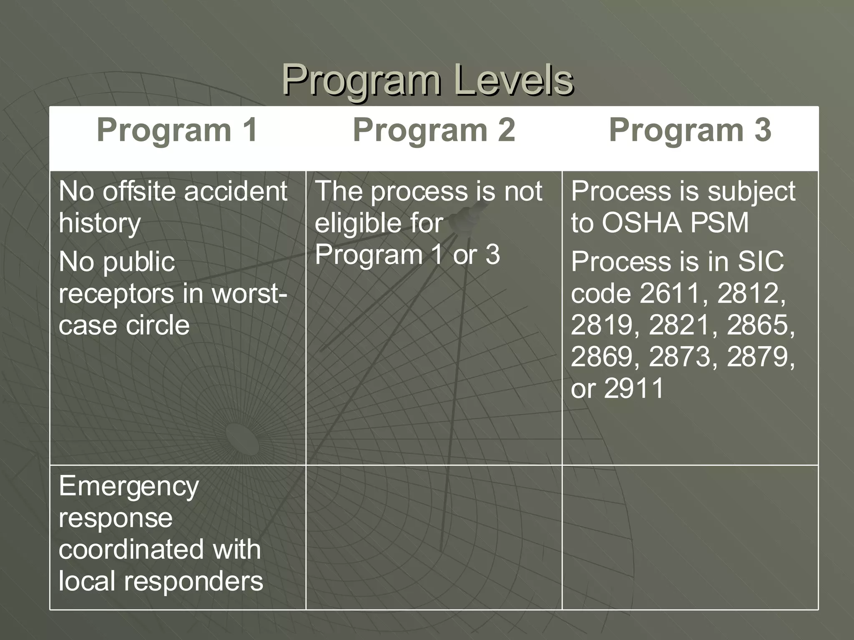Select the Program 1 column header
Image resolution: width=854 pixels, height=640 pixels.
click(x=177, y=130)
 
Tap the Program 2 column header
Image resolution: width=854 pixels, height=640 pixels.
click(x=434, y=130)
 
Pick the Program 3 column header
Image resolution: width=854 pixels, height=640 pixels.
click(x=690, y=130)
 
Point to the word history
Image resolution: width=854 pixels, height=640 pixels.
click(x=100, y=223)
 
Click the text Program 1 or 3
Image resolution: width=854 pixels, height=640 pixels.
click(x=407, y=254)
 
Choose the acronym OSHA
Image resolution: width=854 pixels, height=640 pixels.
click(x=640, y=222)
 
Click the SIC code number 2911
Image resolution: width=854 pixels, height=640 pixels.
click(x=633, y=388)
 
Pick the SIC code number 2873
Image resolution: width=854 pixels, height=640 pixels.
click(x=680, y=357)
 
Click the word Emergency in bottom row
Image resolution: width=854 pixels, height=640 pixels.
click(x=129, y=487)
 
